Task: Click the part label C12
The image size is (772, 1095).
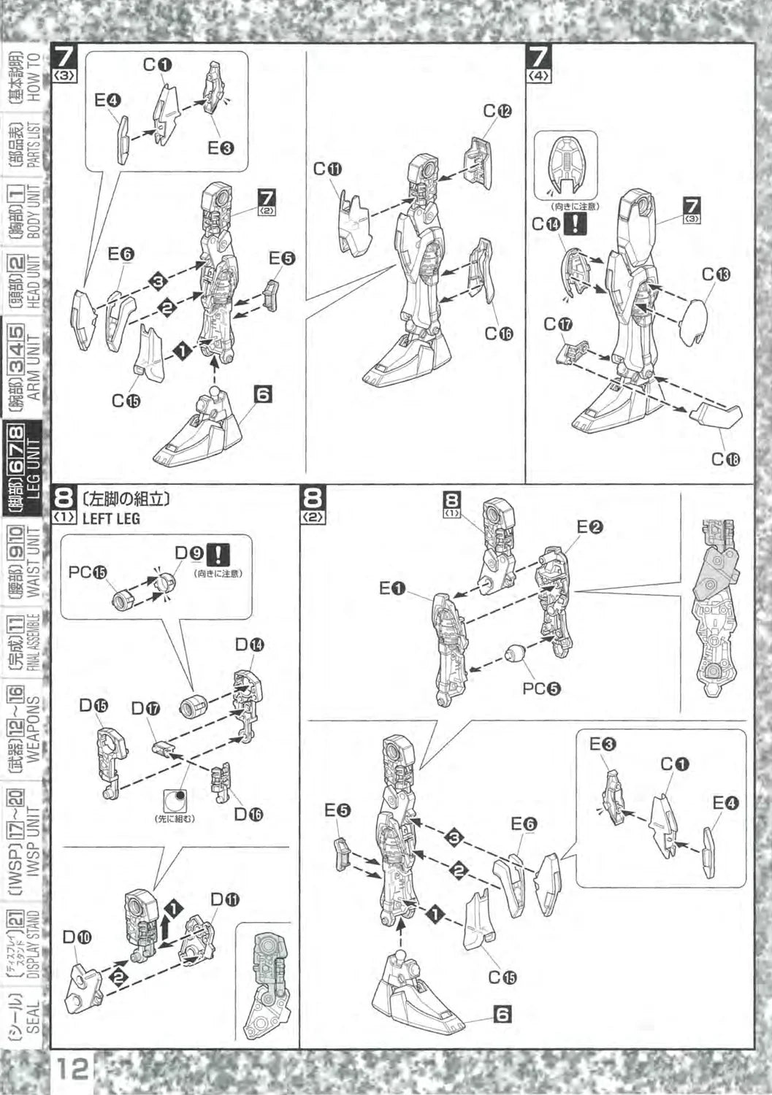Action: click(x=497, y=111)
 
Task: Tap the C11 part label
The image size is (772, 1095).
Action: click(x=328, y=169)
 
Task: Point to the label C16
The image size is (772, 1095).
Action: click(x=499, y=334)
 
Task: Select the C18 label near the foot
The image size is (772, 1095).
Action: click(x=725, y=459)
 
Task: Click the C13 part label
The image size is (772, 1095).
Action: click(x=716, y=274)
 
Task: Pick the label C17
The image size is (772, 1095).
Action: click(x=558, y=324)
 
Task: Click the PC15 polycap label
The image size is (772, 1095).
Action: click(x=88, y=572)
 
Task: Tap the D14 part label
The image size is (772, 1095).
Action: click(x=249, y=645)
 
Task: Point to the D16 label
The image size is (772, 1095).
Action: click(x=248, y=815)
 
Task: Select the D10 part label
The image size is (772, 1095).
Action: click(x=77, y=937)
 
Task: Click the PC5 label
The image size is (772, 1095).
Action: click(x=541, y=688)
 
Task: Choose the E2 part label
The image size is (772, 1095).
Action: click(x=589, y=526)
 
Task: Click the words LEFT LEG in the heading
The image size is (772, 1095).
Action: click(x=111, y=519)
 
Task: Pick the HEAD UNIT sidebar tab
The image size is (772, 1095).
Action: click(x=28, y=282)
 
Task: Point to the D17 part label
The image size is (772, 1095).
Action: click(x=145, y=708)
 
